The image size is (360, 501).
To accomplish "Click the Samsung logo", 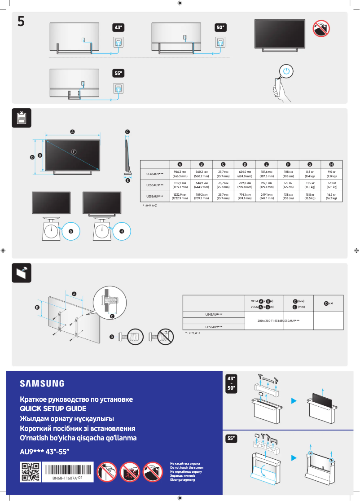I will (42, 383).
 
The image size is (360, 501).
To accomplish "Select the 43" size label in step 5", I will (118, 28).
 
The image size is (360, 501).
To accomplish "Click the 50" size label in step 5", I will (220, 28).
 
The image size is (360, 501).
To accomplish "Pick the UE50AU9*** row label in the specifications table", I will (155, 185).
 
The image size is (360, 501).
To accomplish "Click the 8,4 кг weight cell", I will (310, 174).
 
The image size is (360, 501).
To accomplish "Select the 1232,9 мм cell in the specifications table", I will (180, 196).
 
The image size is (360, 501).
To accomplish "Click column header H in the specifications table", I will (331, 164).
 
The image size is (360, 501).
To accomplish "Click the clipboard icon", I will (21, 118).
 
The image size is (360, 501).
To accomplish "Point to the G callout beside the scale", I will (70, 231).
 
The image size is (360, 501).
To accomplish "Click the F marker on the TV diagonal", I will (73, 151).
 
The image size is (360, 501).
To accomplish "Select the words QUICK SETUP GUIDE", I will (53, 409).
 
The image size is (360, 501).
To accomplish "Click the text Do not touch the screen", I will (186, 468).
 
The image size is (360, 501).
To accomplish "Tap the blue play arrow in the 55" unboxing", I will (294, 458).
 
